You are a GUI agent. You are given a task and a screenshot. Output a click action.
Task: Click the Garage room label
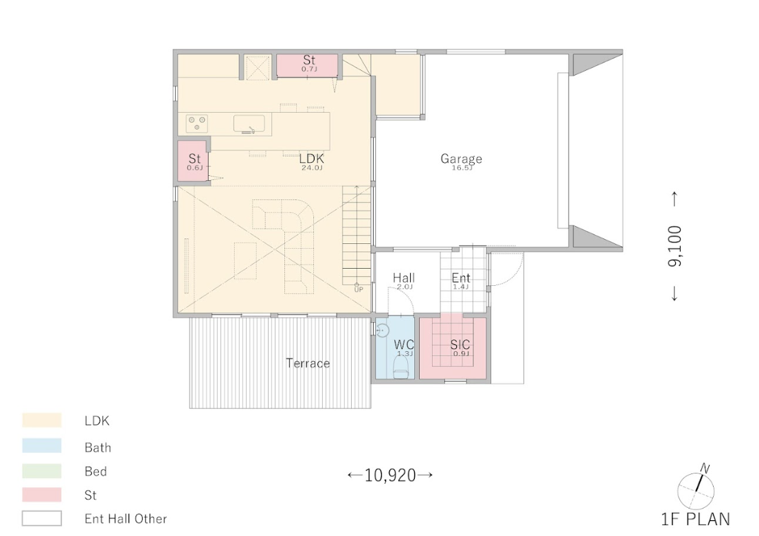pyautogui.click(x=461, y=158)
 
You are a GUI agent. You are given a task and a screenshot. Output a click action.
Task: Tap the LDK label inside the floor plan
pyautogui.click(x=311, y=158)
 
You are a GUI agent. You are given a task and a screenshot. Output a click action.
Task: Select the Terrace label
pyautogui.click(x=308, y=363)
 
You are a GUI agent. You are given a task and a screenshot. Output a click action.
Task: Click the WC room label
pyautogui.click(x=404, y=345)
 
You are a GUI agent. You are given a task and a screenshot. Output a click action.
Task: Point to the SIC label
pyautogui.click(x=460, y=345)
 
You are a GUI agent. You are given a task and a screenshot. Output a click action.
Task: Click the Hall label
pyautogui.click(x=404, y=278)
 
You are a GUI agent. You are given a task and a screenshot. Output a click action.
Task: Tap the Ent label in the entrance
pyautogui.click(x=461, y=278)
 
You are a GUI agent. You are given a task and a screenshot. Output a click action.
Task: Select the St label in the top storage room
pyautogui.click(x=309, y=60)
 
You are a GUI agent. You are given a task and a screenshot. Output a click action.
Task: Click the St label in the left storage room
pyautogui.click(x=194, y=158)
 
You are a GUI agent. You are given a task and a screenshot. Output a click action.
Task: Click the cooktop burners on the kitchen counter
pyautogui.click(x=198, y=123)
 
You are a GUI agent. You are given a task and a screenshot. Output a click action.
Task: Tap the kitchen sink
pyautogui.click(x=249, y=124)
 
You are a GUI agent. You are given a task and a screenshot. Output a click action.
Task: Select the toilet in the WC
pyautogui.click(x=401, y=371)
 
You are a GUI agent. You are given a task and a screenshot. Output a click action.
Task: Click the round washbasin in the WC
pyautogui.click(x=383, y=331)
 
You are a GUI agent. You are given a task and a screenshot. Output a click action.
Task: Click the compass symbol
pyautogui.click(x=696, y=489)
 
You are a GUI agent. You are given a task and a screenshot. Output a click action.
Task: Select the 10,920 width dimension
pyautogui.click(x=390, y=476)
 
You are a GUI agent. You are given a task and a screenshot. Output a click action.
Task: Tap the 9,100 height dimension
pyautogui.click(x=675, y=246)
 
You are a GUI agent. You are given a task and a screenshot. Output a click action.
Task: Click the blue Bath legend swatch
pyautogui.click(x=42, y=446)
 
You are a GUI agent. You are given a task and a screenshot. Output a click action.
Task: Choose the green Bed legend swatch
pyautogui.click(x=42, y=471)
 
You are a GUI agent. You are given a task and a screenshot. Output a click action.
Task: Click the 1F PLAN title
pyautogui.click(x=696, y=519)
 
